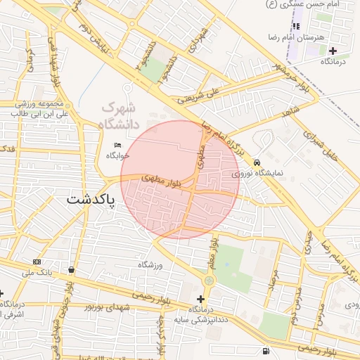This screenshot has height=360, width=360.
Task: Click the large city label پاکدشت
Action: pyautogui.click(x=91, y=199)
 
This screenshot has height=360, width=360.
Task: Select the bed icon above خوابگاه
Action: pyautogui.click(x=117, y=146)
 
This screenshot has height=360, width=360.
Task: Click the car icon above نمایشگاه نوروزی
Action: pyautogui.click(x=257, y=161)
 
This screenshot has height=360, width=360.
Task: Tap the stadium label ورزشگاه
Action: pyautogui.click(x=150, y=264)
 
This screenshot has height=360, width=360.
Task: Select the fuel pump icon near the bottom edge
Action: pyautogui.click(x=264, y=351)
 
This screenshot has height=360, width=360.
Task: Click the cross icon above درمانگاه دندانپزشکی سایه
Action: pyautogui.click(x=200, y=299)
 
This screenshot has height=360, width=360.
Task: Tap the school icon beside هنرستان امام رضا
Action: pyautogui.click(x=297, y=26)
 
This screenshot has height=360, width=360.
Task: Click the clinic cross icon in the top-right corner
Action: pyautogui.click(x=333, y=51)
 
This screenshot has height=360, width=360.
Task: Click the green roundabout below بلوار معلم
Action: pyautogui.click(x=208, y=281)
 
